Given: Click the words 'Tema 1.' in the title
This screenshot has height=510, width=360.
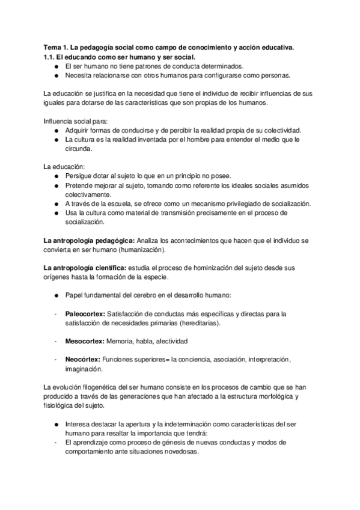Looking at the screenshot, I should tap(56, 47).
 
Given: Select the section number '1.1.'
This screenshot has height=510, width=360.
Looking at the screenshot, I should tap(51, 57).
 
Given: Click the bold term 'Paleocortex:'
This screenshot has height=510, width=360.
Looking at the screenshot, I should tap(84, 313).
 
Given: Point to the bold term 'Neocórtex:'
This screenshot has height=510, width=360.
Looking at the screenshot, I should tap(83, 359).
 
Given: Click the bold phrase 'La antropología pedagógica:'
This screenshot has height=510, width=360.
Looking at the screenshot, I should tap(90, 240).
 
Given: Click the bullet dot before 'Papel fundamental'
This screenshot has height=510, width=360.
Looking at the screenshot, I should tap(55, 295).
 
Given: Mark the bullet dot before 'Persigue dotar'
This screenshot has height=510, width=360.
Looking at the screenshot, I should tap(55, 176).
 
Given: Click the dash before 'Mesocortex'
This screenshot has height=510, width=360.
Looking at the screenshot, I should tap(55, 341).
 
